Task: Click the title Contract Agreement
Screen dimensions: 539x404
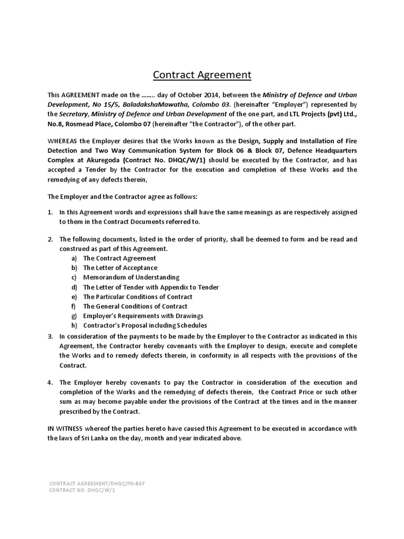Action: [202, 75]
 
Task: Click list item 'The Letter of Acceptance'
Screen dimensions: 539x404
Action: [120, 268]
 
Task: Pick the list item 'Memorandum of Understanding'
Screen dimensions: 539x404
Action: [131, 277]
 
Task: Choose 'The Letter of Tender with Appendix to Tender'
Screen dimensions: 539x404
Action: [150, 287]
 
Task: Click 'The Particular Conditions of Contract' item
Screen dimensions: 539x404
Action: [138, 296]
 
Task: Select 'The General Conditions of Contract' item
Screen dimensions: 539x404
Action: [135, 306]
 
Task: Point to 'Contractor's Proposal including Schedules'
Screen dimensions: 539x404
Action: [145, 325]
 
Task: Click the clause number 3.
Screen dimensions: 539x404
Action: [50, 336]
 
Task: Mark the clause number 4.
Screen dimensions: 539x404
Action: [50, 383]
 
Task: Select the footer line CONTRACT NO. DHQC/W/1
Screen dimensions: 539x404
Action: [82, 490]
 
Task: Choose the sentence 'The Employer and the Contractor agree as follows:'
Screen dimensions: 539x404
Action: [123, 196]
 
